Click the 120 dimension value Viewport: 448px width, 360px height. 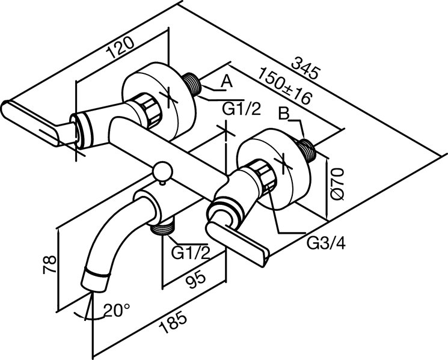pyautogui.click(x=120, y=47)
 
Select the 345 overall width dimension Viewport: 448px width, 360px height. pyautogui.click(x=304, y=68)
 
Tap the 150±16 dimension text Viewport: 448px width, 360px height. pyautogui.click(x=284, y=86)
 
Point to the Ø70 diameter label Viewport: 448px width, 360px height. pyautogui.click(x=337, y=183)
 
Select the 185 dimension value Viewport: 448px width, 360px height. pyautogui.click(x=174, y=323)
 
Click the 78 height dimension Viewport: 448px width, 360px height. pyautogui.click(x=49, y=264)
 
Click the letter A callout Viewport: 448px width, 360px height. pyautogui.click(x=227, y=82)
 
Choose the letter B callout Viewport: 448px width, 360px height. pyautogui.click(x=284, y=114)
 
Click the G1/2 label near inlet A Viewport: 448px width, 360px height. pyautogui.click(x=241, y=109)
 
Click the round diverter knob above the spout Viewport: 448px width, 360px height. pyautogui.click(x=162, y=172)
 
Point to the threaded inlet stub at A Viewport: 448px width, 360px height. pyautogui.click(x=192, y=84)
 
